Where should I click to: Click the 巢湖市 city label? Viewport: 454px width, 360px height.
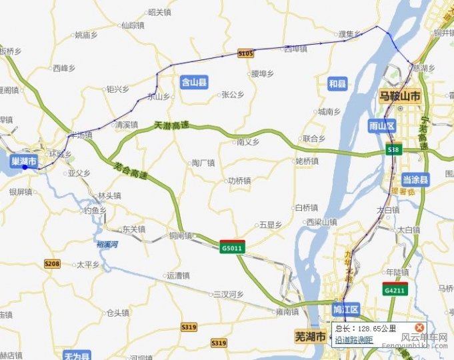[23, 161]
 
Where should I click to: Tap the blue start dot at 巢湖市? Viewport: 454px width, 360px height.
[25, 167]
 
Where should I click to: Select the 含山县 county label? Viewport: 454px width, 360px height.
[194, 83]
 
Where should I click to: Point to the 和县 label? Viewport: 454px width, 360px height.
[338, 83]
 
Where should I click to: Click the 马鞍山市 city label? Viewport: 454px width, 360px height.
[400, 97]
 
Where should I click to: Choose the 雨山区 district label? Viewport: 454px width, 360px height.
[382, 126]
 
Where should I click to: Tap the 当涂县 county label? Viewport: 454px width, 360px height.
[416, 179]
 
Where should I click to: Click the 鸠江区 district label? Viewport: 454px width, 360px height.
[346, 309]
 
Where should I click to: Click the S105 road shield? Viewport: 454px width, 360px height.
[246, 53]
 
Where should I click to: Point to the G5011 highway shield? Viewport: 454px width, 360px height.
[232, 247]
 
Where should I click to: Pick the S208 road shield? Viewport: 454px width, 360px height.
[52, 264]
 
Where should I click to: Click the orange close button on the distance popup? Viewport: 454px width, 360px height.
[419, 327]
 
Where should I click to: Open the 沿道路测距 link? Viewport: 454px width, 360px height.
[354, 339]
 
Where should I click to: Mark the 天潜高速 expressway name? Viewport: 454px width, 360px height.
[171, 125]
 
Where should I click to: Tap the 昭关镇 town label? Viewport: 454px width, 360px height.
[160, 12]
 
